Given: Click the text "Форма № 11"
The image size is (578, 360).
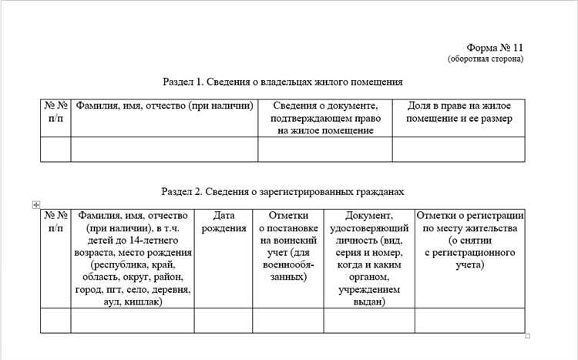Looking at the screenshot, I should (x=496, y=48).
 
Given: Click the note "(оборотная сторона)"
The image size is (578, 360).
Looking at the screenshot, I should (x=486, y=59).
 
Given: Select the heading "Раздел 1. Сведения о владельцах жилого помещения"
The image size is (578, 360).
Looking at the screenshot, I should (x=283, y=81).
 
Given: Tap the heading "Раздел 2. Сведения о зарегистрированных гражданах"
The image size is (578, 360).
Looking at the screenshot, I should (x=283, y=190).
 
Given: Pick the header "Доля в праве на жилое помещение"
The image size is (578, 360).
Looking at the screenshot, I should (x=459, y=112).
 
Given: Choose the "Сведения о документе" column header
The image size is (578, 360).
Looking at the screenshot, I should (x=324, y=117).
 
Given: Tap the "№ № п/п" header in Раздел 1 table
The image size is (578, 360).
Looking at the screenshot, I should (x=55, y=112).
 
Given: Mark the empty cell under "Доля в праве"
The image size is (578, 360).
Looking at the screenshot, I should (x=459, y=149).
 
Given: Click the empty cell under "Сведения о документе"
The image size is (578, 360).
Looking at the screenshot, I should (x=324, y=149).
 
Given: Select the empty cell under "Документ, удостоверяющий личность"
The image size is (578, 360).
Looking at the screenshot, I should (x=369, y=320).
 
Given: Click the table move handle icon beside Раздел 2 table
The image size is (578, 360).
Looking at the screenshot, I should (x=36, y=204).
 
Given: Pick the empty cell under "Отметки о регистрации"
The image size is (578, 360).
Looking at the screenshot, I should (x=470, y=320).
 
